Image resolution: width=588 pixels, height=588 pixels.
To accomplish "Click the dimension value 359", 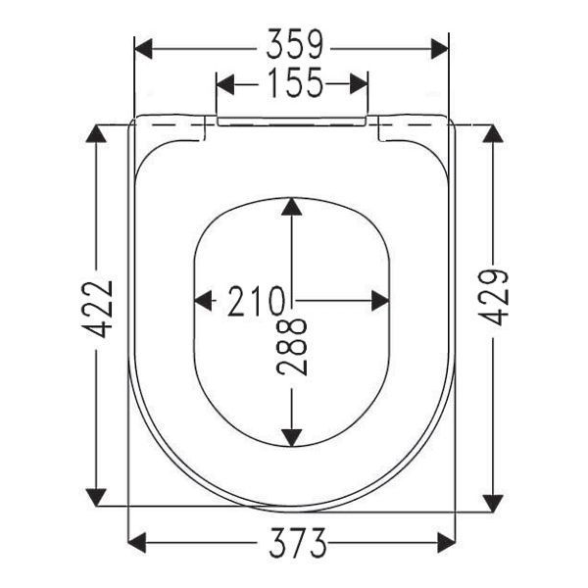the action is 294,44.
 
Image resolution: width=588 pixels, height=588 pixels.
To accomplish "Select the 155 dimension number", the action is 296,82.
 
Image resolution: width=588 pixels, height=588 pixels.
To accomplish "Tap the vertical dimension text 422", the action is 97,309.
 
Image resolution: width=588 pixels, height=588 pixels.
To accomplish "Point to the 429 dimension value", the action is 494,297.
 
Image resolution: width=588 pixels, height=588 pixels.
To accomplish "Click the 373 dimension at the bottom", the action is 298,542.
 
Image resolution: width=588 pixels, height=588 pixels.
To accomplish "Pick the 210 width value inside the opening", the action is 256,301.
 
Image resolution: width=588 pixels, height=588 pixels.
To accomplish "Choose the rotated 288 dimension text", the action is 292,347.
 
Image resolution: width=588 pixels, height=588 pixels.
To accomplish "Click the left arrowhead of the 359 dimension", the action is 143,48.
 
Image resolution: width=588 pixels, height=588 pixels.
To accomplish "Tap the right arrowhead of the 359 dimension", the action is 439,48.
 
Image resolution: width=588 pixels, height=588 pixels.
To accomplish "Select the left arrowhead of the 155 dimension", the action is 225,84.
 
